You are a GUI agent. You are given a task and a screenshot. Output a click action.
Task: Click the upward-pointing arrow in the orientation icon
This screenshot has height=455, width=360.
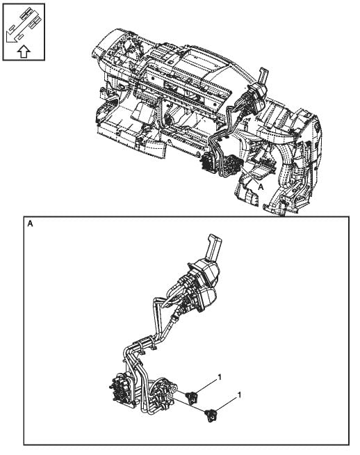[x=24, y=51]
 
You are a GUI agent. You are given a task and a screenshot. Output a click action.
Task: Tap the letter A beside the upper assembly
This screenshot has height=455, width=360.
[x=261, y=187]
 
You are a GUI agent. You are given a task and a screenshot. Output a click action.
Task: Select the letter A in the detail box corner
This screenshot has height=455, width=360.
[x=30, y=224]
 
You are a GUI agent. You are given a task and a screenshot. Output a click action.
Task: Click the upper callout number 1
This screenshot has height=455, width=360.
[x=220, y=377]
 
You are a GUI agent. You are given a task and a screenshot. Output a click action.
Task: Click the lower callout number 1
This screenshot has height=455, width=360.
[x=239, y=395]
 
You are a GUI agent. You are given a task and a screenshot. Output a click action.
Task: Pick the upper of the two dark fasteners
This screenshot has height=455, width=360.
[x=193, y=396]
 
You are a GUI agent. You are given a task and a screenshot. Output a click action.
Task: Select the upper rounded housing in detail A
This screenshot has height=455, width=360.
[x=205, y=272]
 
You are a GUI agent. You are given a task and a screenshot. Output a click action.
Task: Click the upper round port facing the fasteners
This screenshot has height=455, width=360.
[x=174, y=388]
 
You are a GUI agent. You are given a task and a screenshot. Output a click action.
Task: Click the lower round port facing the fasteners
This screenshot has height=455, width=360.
[x=170, y=395]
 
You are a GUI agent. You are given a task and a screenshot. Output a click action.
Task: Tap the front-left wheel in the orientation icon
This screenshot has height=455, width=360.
[x=13, y=29]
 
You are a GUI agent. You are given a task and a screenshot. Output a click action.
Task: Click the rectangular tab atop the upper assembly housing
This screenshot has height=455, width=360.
[x=264, y=76]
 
